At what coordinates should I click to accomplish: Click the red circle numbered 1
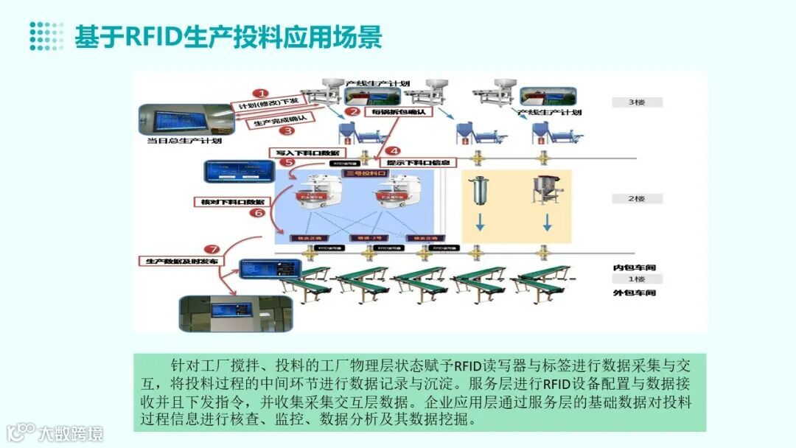pyautogui.click(x=259, y=94)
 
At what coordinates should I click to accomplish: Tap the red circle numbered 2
pyautogui.click(x=354, y=112)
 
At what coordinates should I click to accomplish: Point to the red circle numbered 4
pyautogui.click(x=394, y=150)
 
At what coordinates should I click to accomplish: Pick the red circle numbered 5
pyautogui.click(x=289, y=163)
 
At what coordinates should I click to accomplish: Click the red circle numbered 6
pyautogui.click(x=257, y=213)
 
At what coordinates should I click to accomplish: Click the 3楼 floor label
pyautogui.click(x=637, y=102)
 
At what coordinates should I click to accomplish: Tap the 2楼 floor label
pyautogui.click(x=637, y=199)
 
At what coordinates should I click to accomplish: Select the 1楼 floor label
pyautogui.click(x=637, y=279)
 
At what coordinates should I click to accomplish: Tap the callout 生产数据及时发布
pyautogui.click(x=182, y=261)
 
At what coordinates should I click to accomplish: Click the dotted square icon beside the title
pyautogui.click(x=46, y=36)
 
